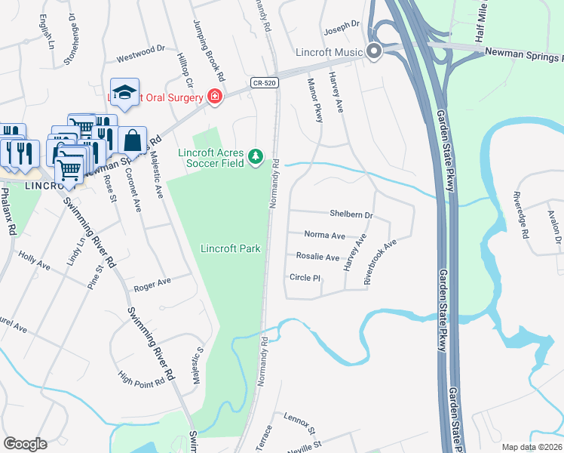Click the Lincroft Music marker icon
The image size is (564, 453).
click(x=373, y=52)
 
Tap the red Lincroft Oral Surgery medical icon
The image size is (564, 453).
click(x=214, y=97)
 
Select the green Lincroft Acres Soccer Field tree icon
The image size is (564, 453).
click(x=256, y=156)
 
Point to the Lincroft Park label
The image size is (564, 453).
click(x=230, y=248)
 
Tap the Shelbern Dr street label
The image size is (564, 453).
click(x=351, y=215)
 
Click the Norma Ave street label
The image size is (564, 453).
click(x=324, y=236)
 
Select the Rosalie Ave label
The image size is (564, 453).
click(x=317, y=257)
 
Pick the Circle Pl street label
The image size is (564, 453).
click(x=305, y=278)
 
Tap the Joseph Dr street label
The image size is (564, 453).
click(x=342, y=26)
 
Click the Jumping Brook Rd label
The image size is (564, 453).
click(x=209, y=51)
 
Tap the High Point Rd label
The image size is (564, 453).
click(x=142, y=378)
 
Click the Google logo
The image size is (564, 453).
click(x=25, y=444)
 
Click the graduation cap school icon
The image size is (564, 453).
click(x=124, y=91)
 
